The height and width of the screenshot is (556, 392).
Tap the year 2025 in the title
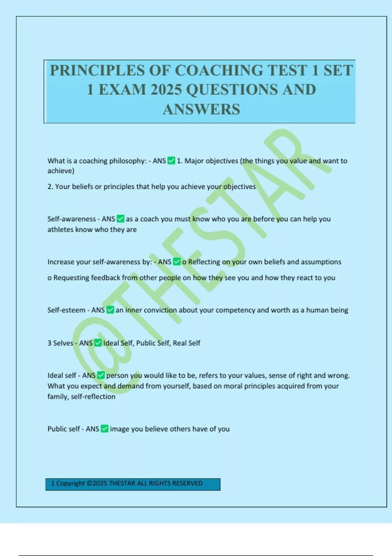click(x=166, y=90)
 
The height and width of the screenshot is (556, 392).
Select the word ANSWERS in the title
click(x=202, y=110)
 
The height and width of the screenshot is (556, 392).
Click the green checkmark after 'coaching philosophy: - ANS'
click(x=171, y=161)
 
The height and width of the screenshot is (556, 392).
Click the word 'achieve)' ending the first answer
click(x=61, y=171)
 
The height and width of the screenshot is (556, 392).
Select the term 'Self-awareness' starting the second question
click(x=72, y=219)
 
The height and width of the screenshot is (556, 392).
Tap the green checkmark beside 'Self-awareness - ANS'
click(x=121, y=218)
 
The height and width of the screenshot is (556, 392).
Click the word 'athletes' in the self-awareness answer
click(x=60, y=229)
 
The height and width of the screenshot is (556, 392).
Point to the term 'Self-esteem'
click(x=66, y=310)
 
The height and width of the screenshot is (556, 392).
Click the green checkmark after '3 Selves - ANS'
click(x=98, y=343)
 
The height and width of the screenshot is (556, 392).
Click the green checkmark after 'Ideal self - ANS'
click(x=101, y=375)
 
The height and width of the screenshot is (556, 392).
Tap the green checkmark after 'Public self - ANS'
click(x=105, y=428)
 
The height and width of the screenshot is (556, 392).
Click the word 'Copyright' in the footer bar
click(x=70, y=483)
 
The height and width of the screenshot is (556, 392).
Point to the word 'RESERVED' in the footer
click(x=187, y=483)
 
